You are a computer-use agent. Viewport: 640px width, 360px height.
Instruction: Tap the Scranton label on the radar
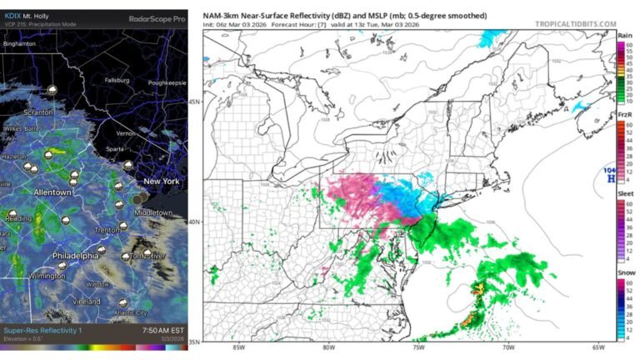[38, 112]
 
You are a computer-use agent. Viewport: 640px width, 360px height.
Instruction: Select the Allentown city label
[52, 192]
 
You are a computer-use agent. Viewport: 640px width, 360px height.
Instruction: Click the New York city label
[162, 181]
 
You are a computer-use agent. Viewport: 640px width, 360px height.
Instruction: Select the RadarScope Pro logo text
[157, 17]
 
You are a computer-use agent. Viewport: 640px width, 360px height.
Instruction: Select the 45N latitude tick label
[193, 102]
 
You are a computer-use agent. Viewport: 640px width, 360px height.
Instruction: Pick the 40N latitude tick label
[193, 222]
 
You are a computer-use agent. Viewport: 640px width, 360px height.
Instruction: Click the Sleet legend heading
[624, 193]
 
